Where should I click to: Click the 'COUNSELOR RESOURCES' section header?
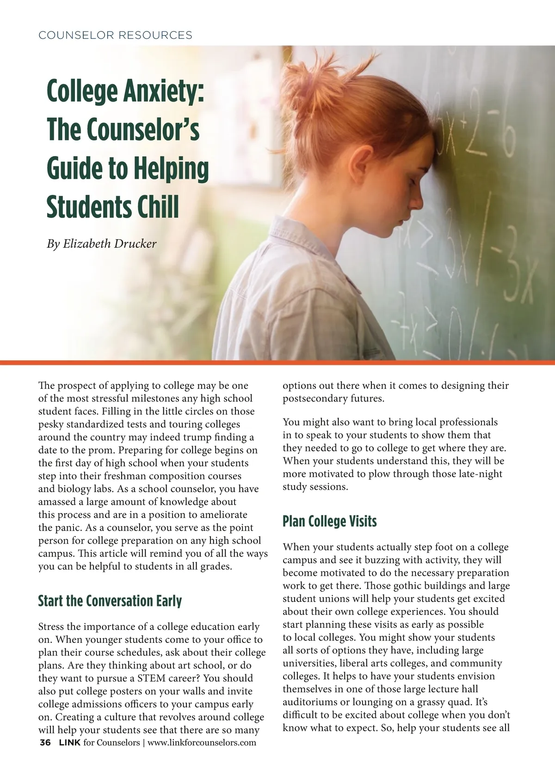click(116, 35)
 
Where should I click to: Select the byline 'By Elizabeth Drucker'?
click(102, 243)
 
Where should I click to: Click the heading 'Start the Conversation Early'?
click(110, 601)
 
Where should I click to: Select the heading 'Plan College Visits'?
click(329, 521)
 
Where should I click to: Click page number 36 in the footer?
click(45, 743)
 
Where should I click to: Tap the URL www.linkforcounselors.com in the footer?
click(202, 743)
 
